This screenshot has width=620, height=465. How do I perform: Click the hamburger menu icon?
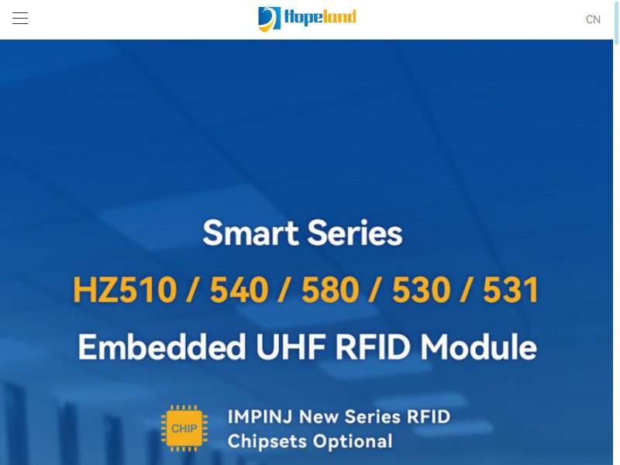[x=20, y=18]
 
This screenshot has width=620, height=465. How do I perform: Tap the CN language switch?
[x=593, y=19]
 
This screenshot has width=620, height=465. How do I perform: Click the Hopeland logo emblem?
[x=269, y=19]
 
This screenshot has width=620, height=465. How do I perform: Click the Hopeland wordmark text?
[x=320, y=18]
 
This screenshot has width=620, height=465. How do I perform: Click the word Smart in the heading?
[x=250, y=233]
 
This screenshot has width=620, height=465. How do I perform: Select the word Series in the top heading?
[x=355, y=233]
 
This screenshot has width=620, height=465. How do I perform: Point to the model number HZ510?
[x=125, y=290]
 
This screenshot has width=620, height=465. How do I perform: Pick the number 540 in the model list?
[x=239, y=290]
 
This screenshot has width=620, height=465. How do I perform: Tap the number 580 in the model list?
[x=330, y=290]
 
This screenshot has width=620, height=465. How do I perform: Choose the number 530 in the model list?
[x=421, y=290]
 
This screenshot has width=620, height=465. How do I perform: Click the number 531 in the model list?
[x=511, y=290]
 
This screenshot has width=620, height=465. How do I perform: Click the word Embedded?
[x=162, y=346]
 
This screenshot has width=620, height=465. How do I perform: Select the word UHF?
[x=291, y=346]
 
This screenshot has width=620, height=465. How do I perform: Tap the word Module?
[x=478, y=346]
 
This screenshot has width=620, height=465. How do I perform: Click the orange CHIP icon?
[x=184, y=429]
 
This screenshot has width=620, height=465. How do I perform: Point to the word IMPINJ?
[x=260, y=417]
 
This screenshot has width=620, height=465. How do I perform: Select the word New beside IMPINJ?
[x=319, y=417]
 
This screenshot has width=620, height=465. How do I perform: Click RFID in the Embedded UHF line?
[x=373, y=346]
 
